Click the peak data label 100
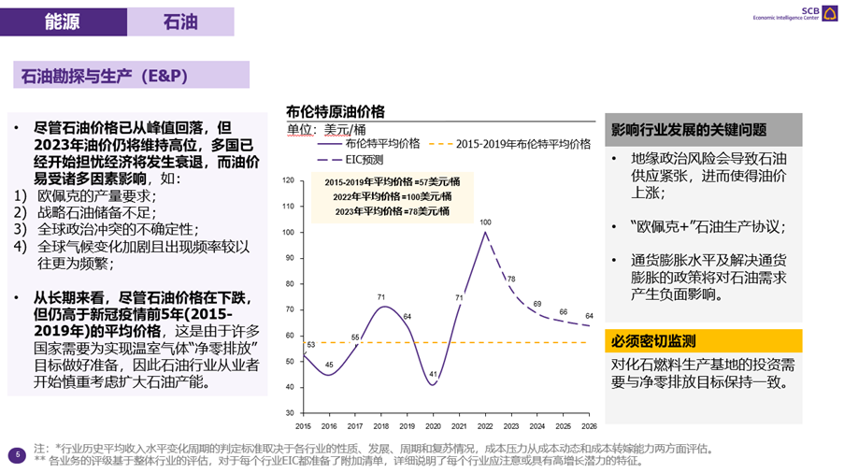click(x=485, y=222)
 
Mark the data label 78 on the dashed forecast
click(x=510, y=279)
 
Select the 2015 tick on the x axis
click(x=303, y=425)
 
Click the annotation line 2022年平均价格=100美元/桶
click(x=393, y=196)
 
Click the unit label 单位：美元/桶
click(x=326, y=128)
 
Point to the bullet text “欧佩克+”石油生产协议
click(x=708, y=228)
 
